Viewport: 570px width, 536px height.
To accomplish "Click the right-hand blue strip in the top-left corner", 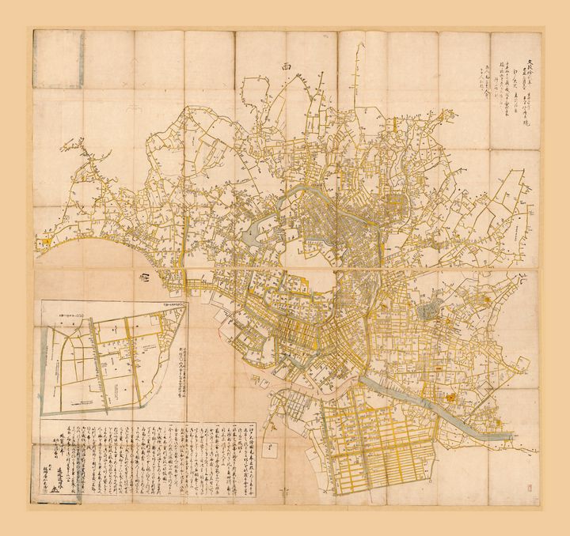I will pyautogui.click(x=80, y=59).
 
